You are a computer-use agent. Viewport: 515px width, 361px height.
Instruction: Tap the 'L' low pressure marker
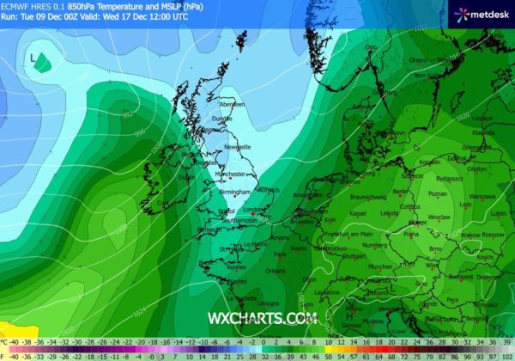click(33, 58)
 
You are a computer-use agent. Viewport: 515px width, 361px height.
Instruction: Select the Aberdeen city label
click(232, 104)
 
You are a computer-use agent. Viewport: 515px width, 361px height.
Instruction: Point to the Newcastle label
click(237, 147)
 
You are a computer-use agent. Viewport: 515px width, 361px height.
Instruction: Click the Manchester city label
click(231, 174)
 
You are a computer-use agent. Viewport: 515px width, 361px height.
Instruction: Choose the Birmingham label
click(234, 192)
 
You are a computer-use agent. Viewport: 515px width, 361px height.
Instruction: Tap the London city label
click(254, 209)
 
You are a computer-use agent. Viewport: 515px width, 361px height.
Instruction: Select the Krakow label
click(468, 235)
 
